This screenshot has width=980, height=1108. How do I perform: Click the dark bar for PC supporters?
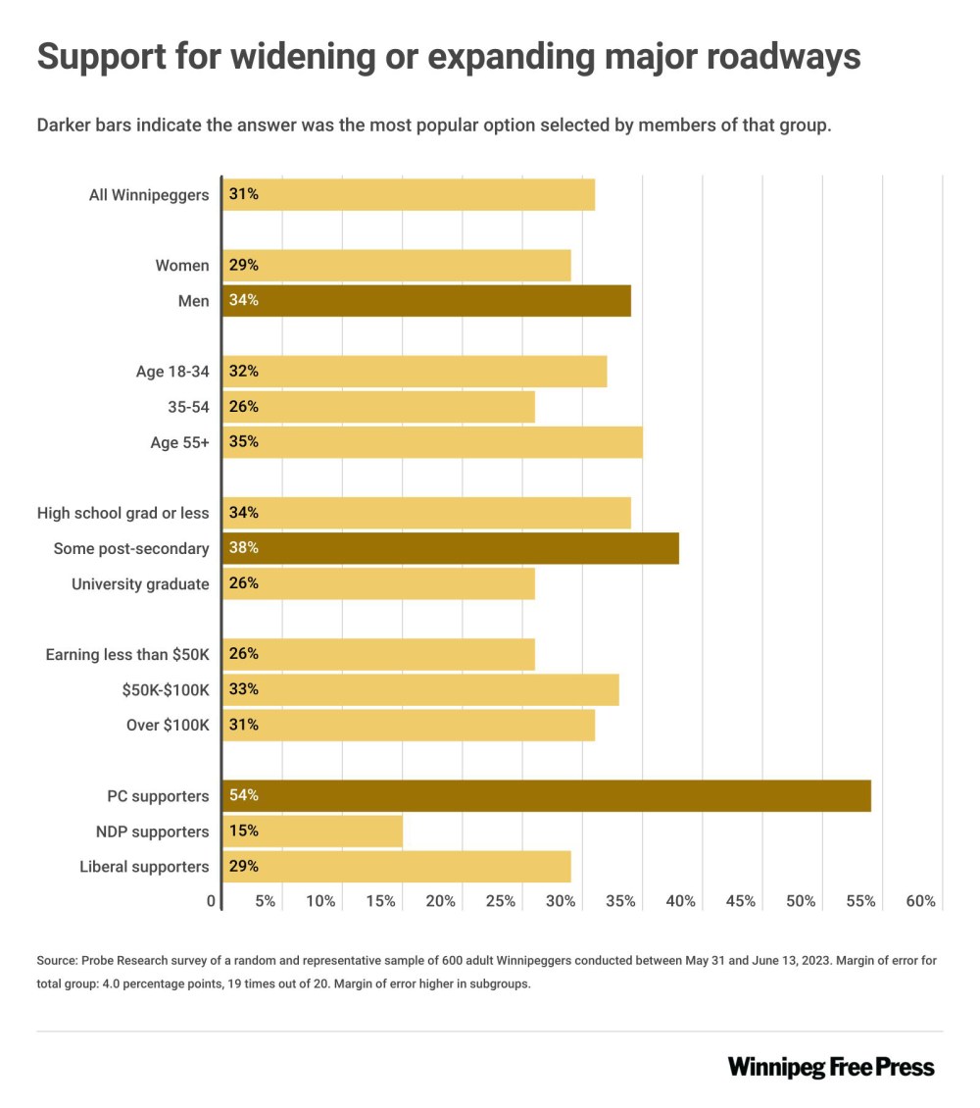pos(547,795)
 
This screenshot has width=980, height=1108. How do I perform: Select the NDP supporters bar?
pos(313,831)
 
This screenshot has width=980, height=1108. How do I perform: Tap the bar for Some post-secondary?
pos(451,548)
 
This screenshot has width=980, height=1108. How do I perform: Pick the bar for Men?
pos(426,300)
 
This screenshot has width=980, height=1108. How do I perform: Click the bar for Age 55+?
pos(432,442)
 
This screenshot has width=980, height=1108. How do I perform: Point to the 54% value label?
pos(243,795)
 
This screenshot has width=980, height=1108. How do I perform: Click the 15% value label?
pos(243,831)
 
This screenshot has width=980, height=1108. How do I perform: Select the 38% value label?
pos(243,548)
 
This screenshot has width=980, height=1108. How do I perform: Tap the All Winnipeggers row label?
pos(149,194)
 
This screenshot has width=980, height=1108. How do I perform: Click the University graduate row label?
pos(140,584)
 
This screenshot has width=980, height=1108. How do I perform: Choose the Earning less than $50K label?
pos(127,654)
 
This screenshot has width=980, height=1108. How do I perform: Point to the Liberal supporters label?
pos(144,867)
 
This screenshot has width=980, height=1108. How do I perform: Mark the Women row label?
pos(182,265)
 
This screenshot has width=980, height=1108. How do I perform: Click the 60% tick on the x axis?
pos(921,901)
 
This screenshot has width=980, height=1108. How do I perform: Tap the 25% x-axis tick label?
pos(501,901)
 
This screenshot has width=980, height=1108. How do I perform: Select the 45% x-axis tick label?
pos(741,901)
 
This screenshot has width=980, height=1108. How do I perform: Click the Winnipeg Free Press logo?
pos(831,1067)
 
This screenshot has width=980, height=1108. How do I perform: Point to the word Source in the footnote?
pos(58,961)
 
